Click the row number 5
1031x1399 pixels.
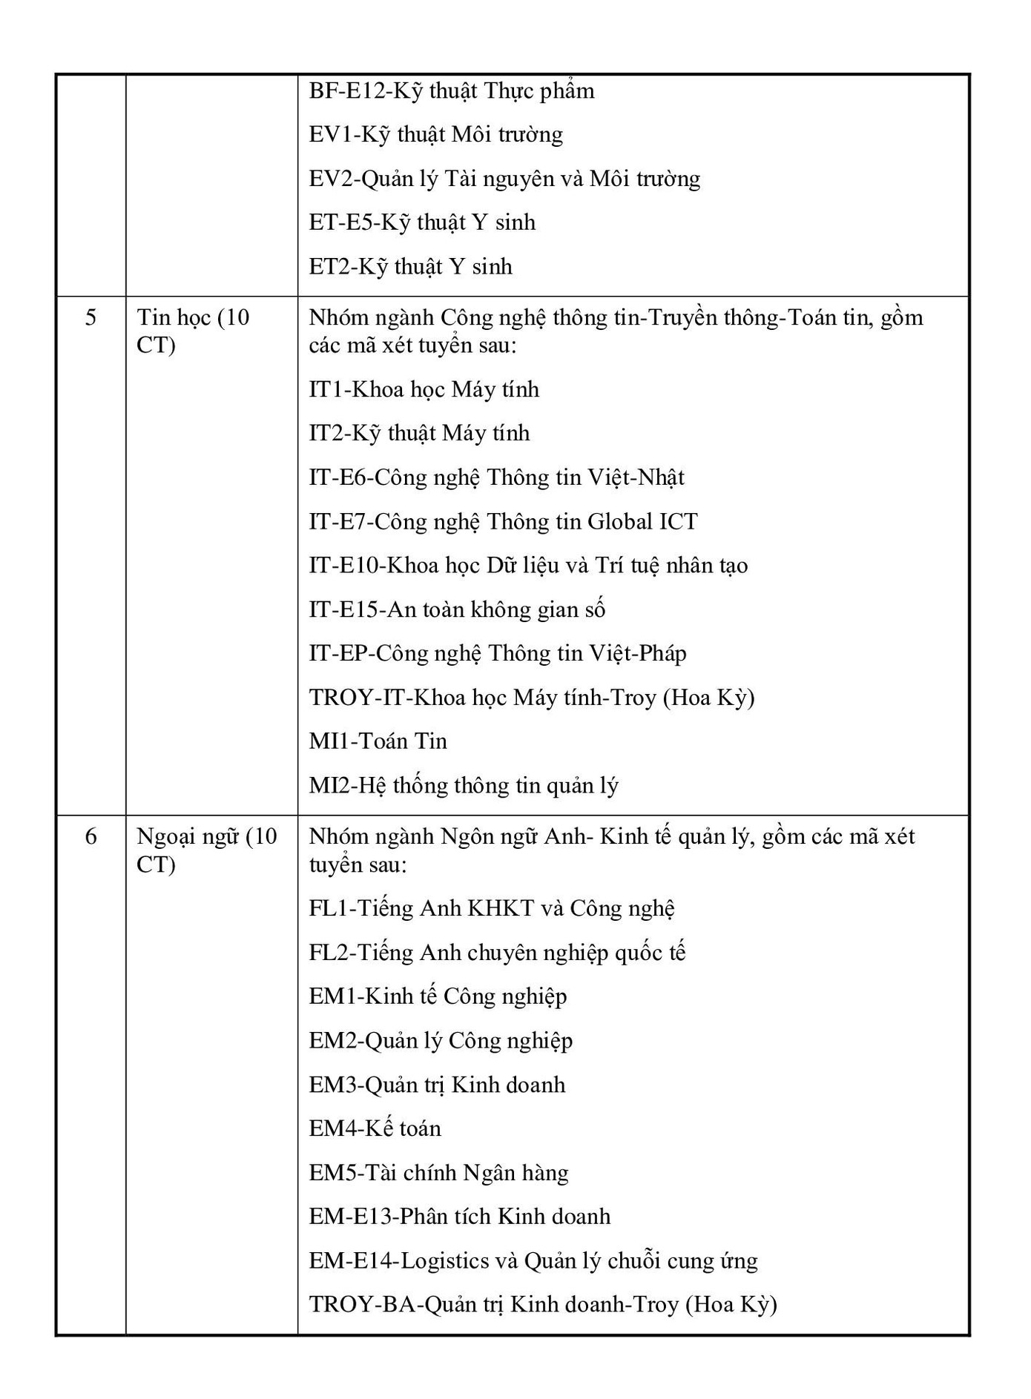click(x=90, y=318)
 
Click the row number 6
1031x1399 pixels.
click(x=90, y=837)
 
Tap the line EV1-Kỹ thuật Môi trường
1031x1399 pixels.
click(x=435, y=135)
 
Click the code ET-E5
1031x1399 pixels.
click(x=341, y=223)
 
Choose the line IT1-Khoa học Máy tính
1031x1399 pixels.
click(x=424, y=390)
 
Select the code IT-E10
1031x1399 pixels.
click(x=344, y=566)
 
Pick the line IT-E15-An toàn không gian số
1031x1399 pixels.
click(x=457, y=610)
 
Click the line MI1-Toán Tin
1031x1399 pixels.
click(x=378, y=741)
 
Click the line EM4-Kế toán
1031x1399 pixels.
click(x=375, y=1129)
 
